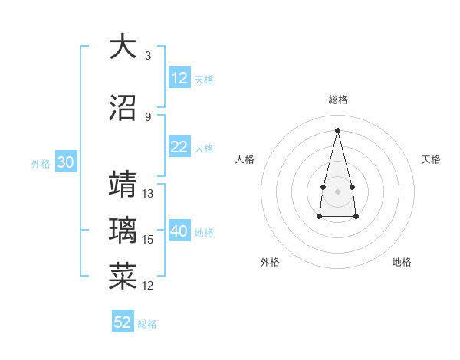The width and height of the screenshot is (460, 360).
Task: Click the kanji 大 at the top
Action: [x=123, y=47]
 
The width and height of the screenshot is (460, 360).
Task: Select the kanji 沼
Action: [x=123, y=108]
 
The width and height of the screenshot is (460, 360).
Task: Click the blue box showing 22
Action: [x=179, y=148]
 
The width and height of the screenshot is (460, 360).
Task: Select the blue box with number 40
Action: [x=179, y=232]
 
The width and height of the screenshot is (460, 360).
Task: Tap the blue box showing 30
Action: [x=65, y=163]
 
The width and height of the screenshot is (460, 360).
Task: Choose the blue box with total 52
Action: [x=123, y=322]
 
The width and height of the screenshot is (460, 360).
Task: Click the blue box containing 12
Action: [x=179, y=78]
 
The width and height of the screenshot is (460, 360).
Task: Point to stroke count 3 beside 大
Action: [x=148, y=56]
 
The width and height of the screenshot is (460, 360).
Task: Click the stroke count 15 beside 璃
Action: [x=148, y=240]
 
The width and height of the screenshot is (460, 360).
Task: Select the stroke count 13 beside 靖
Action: [x=148, y=194]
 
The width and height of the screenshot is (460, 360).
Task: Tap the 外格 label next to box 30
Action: [x=41, y=164]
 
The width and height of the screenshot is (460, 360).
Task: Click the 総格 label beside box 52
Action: [x=147, y=324]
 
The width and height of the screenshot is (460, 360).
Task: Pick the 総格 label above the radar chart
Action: [x=337, y=100]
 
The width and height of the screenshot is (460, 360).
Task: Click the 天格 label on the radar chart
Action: [x=432, y=159]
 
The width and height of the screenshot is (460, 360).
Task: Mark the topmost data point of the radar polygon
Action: [x=337, y=129]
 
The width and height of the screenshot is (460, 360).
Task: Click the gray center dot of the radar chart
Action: [x=337, y=189]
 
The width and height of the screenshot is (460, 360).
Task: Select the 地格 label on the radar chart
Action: [x=402, y=262]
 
